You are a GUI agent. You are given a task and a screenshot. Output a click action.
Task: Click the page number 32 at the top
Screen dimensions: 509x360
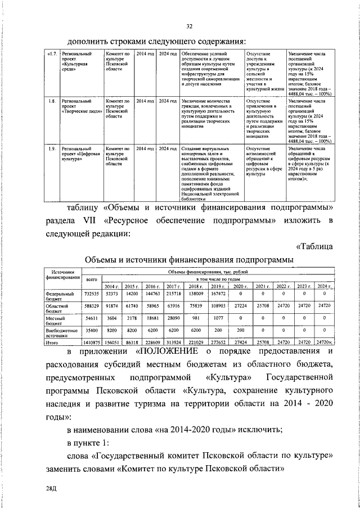[190, 26]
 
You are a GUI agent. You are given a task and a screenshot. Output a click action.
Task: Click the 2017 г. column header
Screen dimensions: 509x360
[174, 286]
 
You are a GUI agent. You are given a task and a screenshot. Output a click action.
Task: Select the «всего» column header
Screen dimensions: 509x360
[92, 280]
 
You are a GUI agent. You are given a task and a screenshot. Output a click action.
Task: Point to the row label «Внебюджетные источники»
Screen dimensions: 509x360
[62, 332]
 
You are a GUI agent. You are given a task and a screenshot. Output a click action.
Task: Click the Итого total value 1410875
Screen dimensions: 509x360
[92, 341]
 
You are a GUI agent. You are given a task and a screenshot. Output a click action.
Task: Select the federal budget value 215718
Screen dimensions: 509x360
[174, 294]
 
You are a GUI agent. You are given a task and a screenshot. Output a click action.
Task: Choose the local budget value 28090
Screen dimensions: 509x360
[174, 318]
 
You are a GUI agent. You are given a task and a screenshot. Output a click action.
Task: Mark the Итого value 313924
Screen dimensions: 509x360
[174, 341]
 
